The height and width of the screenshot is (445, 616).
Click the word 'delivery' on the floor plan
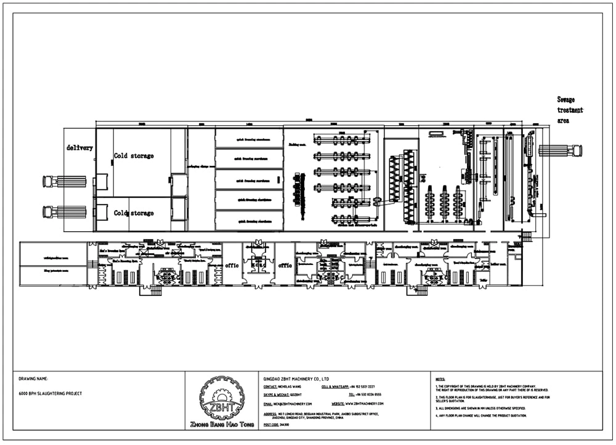pos(80,148)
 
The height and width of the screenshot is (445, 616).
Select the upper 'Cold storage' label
pos(134,156)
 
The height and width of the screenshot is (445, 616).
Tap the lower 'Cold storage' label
pos(134,213)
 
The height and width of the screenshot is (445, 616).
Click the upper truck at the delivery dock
pos(64,181)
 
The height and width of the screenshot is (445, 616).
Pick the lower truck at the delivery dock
pos(64,212)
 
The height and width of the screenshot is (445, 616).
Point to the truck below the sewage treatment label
pos(560,150)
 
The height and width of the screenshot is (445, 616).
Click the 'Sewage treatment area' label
pos(570,110)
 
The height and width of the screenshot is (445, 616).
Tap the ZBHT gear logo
pos(222,398)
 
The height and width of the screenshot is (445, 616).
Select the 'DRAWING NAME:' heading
pos(33,378)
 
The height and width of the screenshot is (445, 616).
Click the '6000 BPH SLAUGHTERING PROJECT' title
pos(51,393)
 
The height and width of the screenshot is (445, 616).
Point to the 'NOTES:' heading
pos(440,379)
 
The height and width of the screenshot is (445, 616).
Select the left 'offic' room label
pos(232,266)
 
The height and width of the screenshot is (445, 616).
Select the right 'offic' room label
pos(285,266)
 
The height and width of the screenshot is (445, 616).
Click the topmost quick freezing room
pos(249,139)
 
